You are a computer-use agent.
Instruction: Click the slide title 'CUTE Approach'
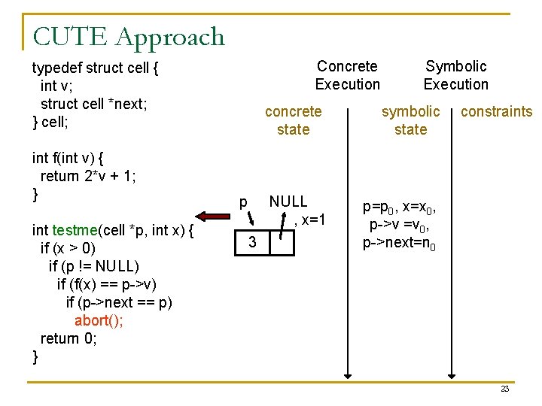tap(129, 37)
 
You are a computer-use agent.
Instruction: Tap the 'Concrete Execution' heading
tap(347, 75)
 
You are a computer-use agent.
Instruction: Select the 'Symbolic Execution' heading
tap(455, 75)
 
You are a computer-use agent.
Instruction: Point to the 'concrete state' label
tap(293, 120)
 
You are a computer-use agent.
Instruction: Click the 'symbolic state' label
tap(410, 120)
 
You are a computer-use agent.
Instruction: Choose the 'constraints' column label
tap(496, 112)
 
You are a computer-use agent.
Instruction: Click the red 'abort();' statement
tap(99, 320)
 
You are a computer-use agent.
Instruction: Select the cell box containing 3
tap(254, 242)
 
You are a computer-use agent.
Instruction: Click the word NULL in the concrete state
tap(288, 201)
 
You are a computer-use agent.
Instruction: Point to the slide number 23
tap(504, 389)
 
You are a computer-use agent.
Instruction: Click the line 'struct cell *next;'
tap(93, 104)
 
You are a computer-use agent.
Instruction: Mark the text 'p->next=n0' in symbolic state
tap(399, 244)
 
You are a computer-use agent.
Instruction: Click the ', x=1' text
tap(309, 220)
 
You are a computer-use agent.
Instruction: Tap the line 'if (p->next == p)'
tap(119, 302)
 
